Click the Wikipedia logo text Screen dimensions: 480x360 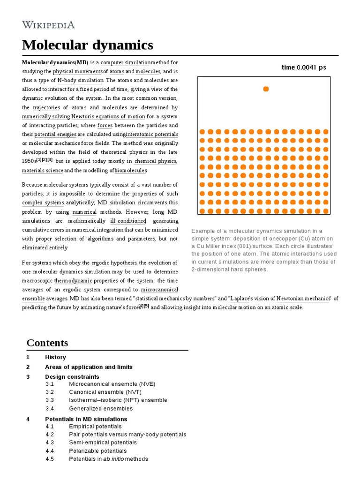click(48, 25)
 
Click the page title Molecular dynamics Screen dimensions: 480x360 click(88, 45)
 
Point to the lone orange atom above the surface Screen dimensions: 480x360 click(266, 89)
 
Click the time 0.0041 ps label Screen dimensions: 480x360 click(304, 67)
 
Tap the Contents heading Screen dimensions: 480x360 click(47, 342)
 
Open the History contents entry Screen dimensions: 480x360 click(55, 357)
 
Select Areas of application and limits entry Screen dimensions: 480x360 click(89, 367)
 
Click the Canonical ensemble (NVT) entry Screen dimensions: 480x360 click(105, 392)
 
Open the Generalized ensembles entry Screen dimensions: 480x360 click(101, 409)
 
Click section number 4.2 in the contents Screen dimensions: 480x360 click(50, 435)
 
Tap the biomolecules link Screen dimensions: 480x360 click(131, 171)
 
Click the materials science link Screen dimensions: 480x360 click(42, 171)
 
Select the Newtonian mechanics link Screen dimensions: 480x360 click(303, 299)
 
